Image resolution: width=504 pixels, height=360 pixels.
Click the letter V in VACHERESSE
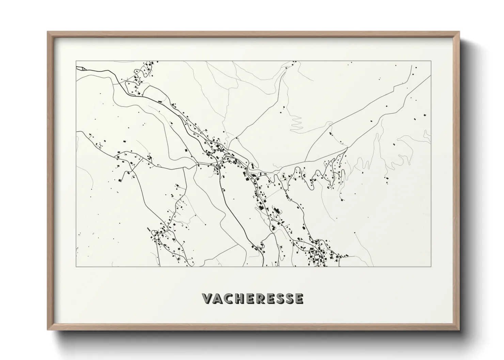208,298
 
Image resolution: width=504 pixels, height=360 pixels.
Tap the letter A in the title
218,298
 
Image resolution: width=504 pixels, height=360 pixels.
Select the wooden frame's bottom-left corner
48,329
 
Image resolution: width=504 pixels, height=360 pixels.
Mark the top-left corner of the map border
76,61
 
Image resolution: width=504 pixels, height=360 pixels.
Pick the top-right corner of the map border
431,61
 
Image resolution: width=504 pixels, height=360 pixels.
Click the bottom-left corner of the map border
76,266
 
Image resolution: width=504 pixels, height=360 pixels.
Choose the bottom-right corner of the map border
431,266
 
